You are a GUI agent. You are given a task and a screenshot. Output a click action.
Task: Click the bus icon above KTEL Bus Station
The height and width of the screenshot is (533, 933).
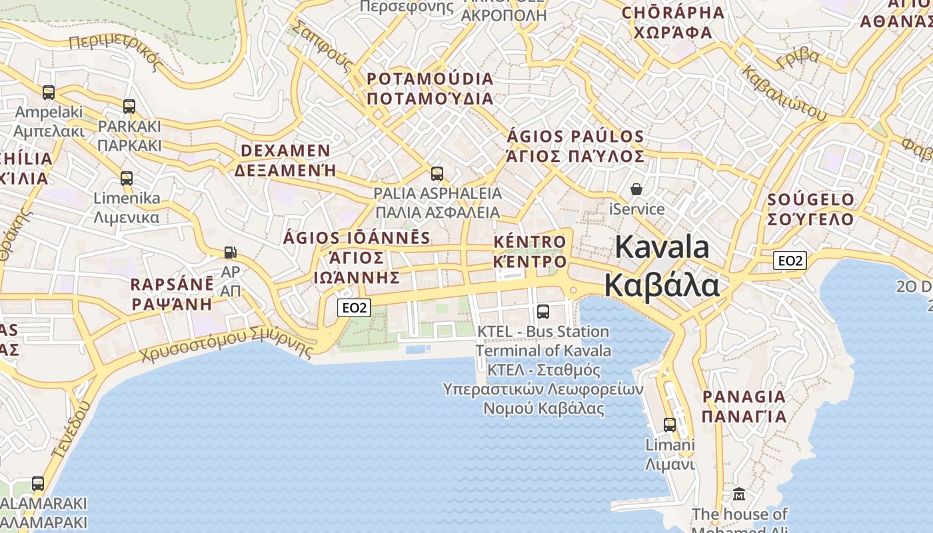[543, 311]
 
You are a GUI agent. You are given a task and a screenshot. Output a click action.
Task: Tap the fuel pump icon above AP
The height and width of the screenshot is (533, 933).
[230, 253]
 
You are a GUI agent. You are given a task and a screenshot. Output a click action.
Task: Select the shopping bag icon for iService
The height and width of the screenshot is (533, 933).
[636, 189]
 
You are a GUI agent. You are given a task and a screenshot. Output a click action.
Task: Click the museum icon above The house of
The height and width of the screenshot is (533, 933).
[739, 494]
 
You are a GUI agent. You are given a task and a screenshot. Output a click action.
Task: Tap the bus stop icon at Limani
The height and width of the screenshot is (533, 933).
[670, 424]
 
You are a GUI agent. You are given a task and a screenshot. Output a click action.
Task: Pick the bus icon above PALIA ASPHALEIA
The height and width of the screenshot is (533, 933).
[437, 174]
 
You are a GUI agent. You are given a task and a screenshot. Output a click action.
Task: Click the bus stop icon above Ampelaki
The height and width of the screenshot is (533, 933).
[49, 92]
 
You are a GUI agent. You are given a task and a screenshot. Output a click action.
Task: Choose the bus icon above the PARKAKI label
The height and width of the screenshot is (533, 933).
[129, 106]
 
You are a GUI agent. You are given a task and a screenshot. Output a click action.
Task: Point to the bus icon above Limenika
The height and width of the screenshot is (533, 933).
[127, 178]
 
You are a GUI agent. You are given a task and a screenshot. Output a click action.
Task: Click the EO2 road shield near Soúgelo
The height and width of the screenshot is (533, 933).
[790, 261]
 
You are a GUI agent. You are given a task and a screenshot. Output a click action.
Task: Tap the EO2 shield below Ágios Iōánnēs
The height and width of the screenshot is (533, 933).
[354, 307]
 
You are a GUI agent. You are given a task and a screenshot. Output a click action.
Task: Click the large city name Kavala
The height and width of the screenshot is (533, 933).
[662, 247]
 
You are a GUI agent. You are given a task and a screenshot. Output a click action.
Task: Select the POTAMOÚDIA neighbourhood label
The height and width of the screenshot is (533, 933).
[430, 79]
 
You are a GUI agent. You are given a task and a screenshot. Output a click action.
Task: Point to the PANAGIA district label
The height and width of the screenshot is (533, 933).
[744, 397]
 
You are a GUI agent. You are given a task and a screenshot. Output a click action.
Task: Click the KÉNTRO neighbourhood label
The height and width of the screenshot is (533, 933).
[530, 242]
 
